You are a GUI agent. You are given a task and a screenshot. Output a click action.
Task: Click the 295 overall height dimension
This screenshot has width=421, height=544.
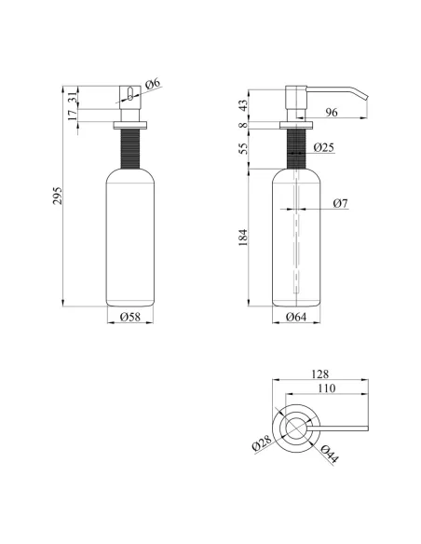pos(58,196)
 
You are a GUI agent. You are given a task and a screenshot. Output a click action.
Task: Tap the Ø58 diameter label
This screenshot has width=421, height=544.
pos(130,317)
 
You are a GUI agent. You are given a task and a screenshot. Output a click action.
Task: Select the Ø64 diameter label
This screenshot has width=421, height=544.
pos(296,317)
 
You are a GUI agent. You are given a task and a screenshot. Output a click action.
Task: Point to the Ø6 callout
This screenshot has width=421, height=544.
pos(153,84)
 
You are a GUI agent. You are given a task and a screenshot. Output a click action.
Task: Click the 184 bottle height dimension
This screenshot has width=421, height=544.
pos(243,238)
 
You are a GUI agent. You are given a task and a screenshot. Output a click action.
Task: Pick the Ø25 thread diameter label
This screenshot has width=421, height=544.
pos(324,147)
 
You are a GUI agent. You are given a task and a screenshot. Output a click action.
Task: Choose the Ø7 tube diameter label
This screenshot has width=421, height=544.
pos(340,203)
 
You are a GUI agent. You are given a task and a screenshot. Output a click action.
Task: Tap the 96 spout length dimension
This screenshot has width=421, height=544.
pos(332,112)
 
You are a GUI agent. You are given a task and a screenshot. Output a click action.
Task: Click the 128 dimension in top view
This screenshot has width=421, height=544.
pos(319,374)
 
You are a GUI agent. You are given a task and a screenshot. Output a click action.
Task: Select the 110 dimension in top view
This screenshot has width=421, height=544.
pos(326,388)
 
